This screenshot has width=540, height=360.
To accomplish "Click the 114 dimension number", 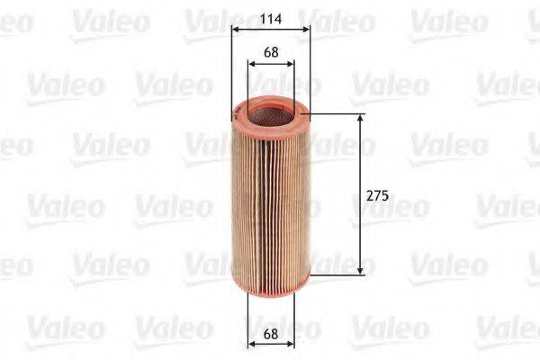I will pyautogui.click(x=271, y=15).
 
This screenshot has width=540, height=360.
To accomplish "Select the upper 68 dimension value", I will pyautogui.click(x=271, y=51).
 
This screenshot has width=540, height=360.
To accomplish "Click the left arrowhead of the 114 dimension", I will pyautogui.click(x=236, y=29).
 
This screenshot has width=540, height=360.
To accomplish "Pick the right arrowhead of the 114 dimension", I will pyautogui.click(x=306, y=29).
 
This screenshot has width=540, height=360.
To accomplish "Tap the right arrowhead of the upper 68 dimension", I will pyautogui.click(x=290, y=64).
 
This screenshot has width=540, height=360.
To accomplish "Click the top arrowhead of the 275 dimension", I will pyautogui.click(x=362, y=118).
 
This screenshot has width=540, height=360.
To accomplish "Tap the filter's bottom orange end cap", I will pyautogui.click(x=270, y=275).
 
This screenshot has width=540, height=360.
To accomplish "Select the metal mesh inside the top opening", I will pyautogui.click(x=270, y=112).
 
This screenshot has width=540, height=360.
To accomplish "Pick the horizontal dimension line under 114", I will pyautogui.click(x=271, y=29).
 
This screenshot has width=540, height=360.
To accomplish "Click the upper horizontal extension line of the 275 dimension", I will pyautogui.click(x=337, y=114).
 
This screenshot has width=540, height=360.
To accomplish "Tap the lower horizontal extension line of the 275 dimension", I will pyautogui.click(x=337, y=273).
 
